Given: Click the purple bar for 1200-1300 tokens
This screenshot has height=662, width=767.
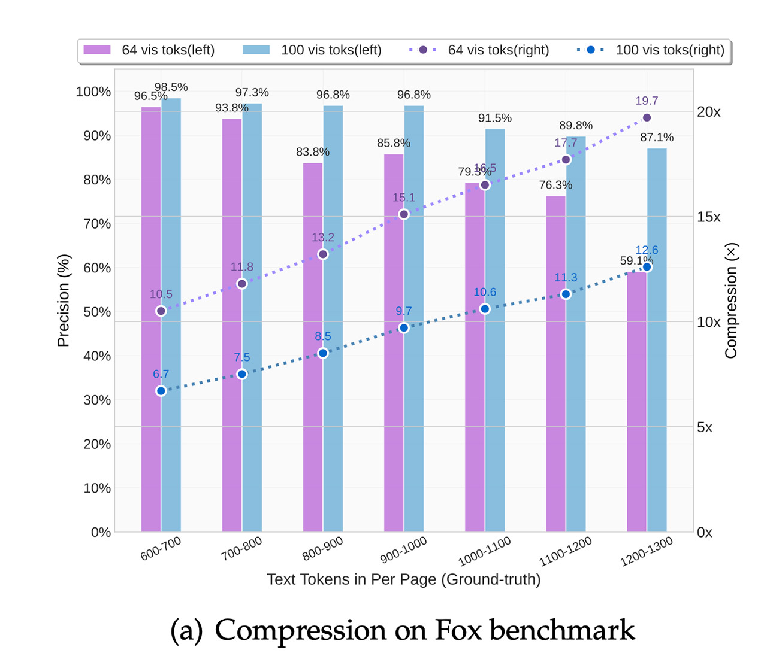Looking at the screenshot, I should pyautogui.click(x=636, y=401).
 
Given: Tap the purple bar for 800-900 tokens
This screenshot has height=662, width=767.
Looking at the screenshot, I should pyautogui.click(x=313, y=347).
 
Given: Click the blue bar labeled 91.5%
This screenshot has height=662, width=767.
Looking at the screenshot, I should pyautogui.click(x=495, y=329).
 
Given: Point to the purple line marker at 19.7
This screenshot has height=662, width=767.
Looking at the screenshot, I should pyautogui.click(x=647, y=118).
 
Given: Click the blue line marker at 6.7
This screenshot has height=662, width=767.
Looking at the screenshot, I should pyautogui.click(x=161, y=391).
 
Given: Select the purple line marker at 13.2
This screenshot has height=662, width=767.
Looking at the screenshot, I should pyautogui.click(x=323, y=254).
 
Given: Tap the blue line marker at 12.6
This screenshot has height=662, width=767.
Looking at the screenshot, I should pyautogui.click(x=647, y=267).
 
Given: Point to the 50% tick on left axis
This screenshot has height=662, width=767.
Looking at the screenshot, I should pyautogui.click(x=97, y=312).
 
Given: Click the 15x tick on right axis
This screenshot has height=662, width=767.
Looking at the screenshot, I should pyautogui.click(x=708, y=217).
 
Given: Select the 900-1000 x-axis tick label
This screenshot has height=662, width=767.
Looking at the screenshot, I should pyautogui.click(x=403, y=549).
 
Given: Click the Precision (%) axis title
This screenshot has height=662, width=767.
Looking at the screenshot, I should pyautogui.click(x=64, y=300).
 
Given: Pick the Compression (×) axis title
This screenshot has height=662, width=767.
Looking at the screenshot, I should pyautogui.click(x=731, y=300).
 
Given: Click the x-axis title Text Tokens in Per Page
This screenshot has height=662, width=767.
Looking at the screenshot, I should pyautogui.click(x=403, y=579).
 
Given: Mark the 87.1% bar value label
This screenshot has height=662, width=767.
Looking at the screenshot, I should pyautogui.click(x=657, y=138).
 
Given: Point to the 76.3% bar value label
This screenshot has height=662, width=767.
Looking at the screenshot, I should pyautogui.click(x=555, y=185).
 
